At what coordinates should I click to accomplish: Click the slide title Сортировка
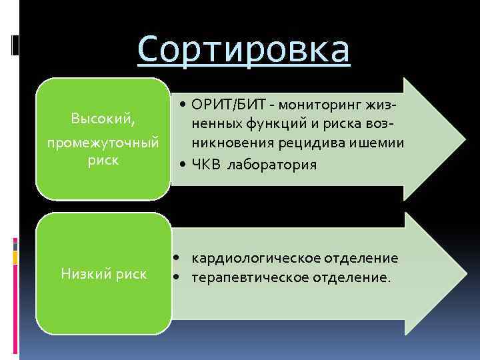(x=243, y=50)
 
